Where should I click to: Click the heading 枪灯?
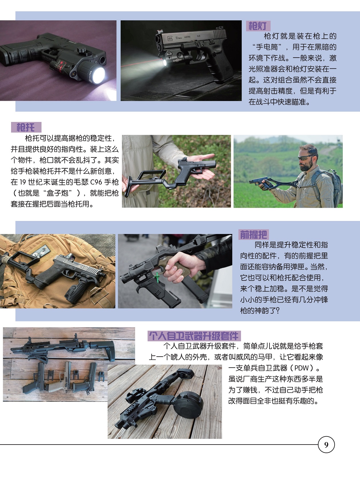coord(258,26)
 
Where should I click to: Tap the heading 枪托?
coord(26,127)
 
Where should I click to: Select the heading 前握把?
coord(254,235)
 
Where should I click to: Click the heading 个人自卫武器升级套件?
coord(194,336)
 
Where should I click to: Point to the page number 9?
coord(326,445)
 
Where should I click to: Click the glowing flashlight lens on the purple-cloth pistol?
coord(99,75)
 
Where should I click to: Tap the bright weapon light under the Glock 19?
coord(165,63)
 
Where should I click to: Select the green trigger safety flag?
coord(157,277)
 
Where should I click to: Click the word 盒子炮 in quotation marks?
coord(58,193)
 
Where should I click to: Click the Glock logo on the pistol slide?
coord(170,39)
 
